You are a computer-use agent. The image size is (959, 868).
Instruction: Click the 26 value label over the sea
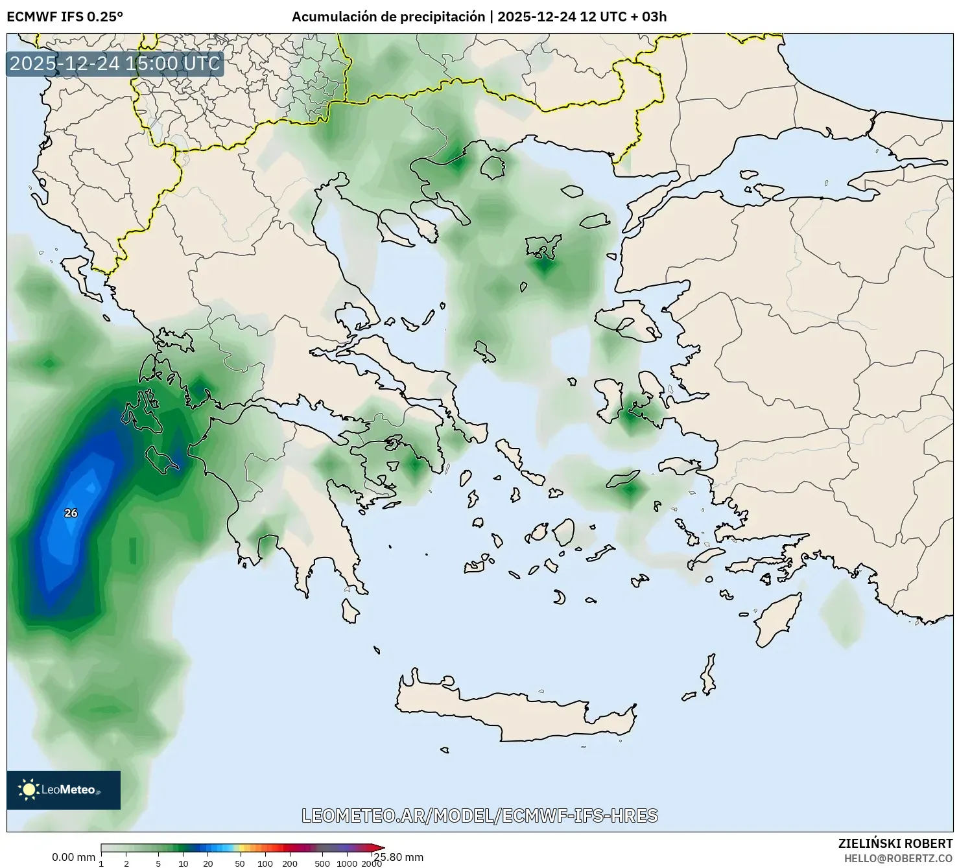coord(71,513)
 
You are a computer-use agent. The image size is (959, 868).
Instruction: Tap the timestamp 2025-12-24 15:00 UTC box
coord(115,64)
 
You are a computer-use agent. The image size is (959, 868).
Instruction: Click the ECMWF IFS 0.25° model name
coord(64,17)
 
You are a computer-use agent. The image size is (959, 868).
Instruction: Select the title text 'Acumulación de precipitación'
coord(388,17)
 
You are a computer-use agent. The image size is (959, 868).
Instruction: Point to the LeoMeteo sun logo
coord(29,789)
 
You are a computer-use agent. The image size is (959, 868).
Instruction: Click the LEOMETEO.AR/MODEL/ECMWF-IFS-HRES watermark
coord(480,815)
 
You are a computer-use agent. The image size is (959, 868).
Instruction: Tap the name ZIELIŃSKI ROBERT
coord(895,843)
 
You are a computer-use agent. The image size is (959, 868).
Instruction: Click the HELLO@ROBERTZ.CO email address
coord(898,858)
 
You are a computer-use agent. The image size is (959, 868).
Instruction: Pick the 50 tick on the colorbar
coord(240,863)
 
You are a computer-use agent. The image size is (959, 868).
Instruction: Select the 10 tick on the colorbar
coord(184,863)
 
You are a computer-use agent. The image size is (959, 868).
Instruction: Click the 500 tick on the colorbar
coord(322,863)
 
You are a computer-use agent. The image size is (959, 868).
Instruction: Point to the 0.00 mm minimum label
coord(73,857)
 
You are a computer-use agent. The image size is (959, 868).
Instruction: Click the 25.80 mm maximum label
coord(398,857)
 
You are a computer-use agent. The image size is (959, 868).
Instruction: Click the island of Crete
coord(512,710)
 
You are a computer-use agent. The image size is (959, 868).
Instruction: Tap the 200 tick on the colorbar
coord(290,863)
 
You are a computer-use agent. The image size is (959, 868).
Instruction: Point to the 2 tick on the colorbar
coord(126,863)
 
